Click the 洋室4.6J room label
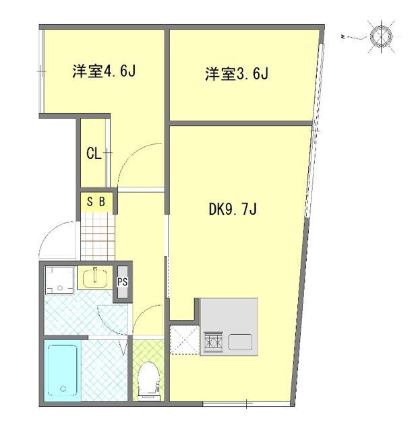tap(105, 71)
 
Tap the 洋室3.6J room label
tap(237, 74)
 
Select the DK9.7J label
tap(233, 209)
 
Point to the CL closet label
tap(94, 154)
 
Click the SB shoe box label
tap(96, 202)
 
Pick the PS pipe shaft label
tap(123, 282)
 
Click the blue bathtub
tap(63, 370)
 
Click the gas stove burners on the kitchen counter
tap(213, 341)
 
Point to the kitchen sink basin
tap(240, 342)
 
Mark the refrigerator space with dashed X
tap(185, 339)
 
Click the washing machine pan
tap(59, 280)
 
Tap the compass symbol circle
tap(381, 36)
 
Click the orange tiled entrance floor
tap(98, 236)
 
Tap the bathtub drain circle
tap(63, 389)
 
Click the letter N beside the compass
tap(343, 36)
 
